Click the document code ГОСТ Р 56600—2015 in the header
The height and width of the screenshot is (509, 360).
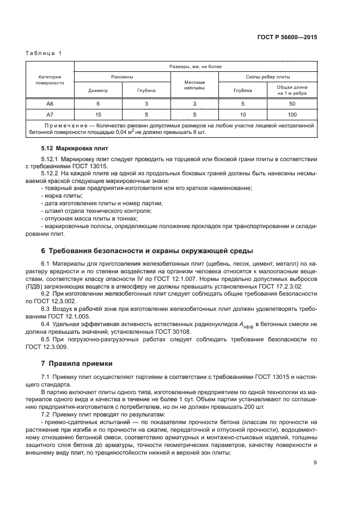pos(287,38)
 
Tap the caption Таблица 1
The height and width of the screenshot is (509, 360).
pos(44,53)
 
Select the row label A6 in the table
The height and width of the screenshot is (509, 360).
pos(50,103)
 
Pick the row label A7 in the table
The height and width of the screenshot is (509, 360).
pos(50,114)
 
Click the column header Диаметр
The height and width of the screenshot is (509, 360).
pos(98,91)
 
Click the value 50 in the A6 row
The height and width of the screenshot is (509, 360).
pos(292,103)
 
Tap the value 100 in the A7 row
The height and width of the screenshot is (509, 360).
pos(292,114)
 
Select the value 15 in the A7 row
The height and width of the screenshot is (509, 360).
pos(98,114)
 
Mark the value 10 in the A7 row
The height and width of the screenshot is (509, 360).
pos(243,114)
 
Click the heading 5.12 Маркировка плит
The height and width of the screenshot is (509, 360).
pos(75,148)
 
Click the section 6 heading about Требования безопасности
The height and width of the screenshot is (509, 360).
pos(147,251)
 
